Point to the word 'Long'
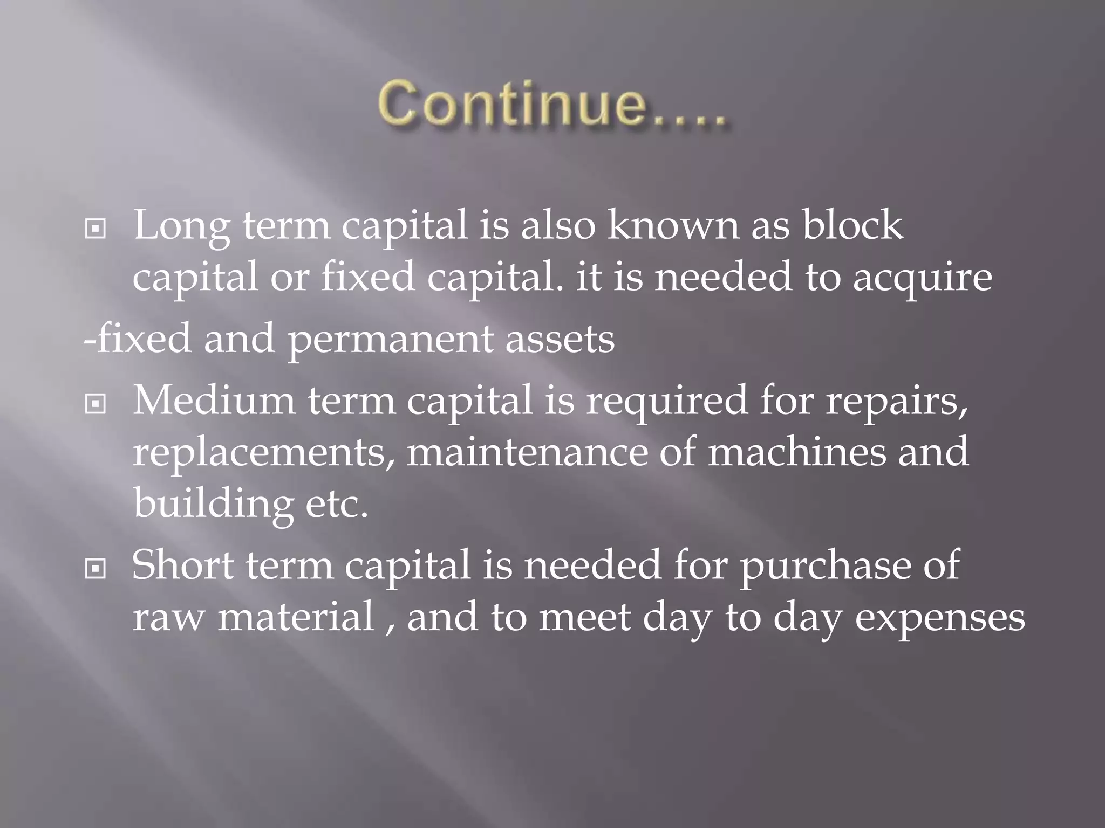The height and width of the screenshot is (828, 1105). point(181,226)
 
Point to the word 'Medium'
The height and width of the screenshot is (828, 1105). point(214,401)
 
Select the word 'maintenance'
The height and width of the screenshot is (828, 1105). point(527,452)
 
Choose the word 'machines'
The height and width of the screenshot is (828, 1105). point(797,452)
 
